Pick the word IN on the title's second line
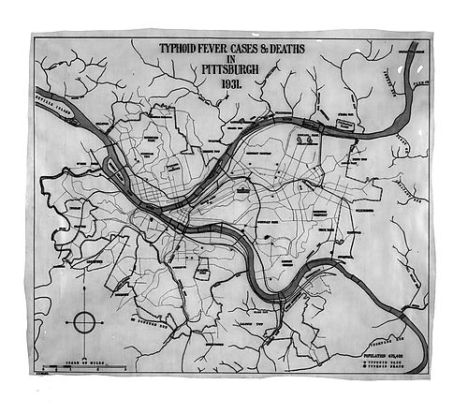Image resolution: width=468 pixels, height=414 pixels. (x=231, y=56)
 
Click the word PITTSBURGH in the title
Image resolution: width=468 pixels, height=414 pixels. (x=231, y=67)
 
